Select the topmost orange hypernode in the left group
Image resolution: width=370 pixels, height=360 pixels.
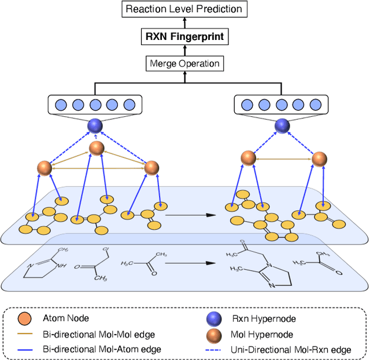click(97, 148)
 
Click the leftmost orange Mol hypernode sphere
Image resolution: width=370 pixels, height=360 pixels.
click(45, 168)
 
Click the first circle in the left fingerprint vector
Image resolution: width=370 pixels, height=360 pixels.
click(60, 105)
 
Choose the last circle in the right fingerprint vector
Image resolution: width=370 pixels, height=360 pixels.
click(315, 105)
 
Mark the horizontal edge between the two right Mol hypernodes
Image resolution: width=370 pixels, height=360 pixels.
click(283, 158)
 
